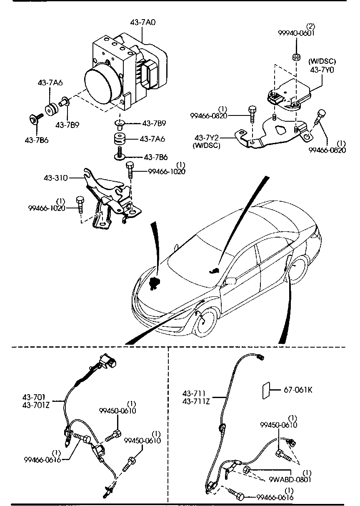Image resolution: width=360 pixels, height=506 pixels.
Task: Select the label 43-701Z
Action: click(36, 404)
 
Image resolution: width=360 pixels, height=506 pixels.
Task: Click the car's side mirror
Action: click(230, 280)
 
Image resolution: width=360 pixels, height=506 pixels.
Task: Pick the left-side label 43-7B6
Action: click(36, 140)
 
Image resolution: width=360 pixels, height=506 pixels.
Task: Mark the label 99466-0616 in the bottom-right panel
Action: click(275, 497)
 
